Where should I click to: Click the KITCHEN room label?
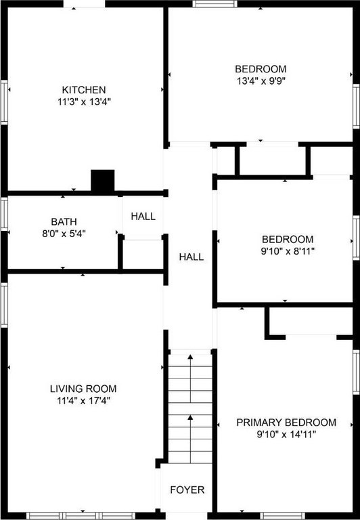(x=84, y=90)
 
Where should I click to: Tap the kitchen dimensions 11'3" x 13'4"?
(x=84, y=102)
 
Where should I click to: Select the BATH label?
(x=64, y=221)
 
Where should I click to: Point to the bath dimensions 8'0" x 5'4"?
(x=64, y=234)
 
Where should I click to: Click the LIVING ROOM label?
(x=83, y=389)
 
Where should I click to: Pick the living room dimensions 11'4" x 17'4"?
(x=83, y=401)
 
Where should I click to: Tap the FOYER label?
(x=187, y=490)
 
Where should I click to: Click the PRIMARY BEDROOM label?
(x=286, y=422)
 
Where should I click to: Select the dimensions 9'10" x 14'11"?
(x=286, y=435)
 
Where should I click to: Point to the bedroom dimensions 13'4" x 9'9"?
(x=261, y=81)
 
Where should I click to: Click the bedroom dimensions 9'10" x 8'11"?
(x=288, y=251)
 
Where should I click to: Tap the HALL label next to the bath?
(x=143, y=217)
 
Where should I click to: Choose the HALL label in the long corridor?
(x=192, y=257)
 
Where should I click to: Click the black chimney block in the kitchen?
(x=103, y=181)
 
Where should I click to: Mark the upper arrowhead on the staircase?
(x=190, y=357)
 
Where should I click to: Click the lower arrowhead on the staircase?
(x=190, y=417)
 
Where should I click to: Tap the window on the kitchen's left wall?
(x=4, y=102)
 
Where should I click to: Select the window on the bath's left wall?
(x=4, y=214)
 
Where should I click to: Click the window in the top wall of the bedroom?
(x=215, y=3)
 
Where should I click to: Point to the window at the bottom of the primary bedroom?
(x=282, y=516)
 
